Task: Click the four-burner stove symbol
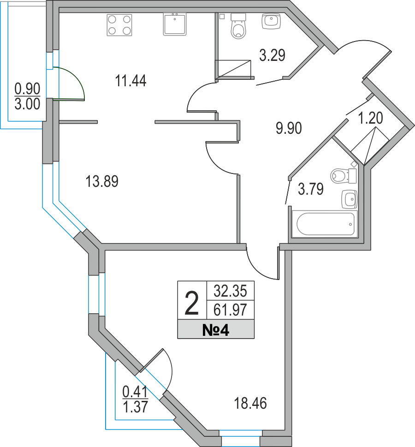[119, 25]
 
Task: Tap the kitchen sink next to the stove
[175, 24]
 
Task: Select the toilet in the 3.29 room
[238, 26]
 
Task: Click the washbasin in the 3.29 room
[271, 21]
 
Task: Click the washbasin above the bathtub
[349, 199]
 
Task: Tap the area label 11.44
[131, 81]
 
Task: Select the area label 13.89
[102, 181]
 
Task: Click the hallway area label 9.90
[289, 128]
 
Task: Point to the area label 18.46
[250, 403]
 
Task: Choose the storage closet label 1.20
[370, 118]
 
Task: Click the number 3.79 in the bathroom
[311, 189]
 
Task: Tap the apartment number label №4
[216, 330]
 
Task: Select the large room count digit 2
[191, 304]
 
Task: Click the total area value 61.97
[230, 310]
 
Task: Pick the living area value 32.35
[230, 291]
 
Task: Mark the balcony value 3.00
[27, 104]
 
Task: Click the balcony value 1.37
[135, 406]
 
